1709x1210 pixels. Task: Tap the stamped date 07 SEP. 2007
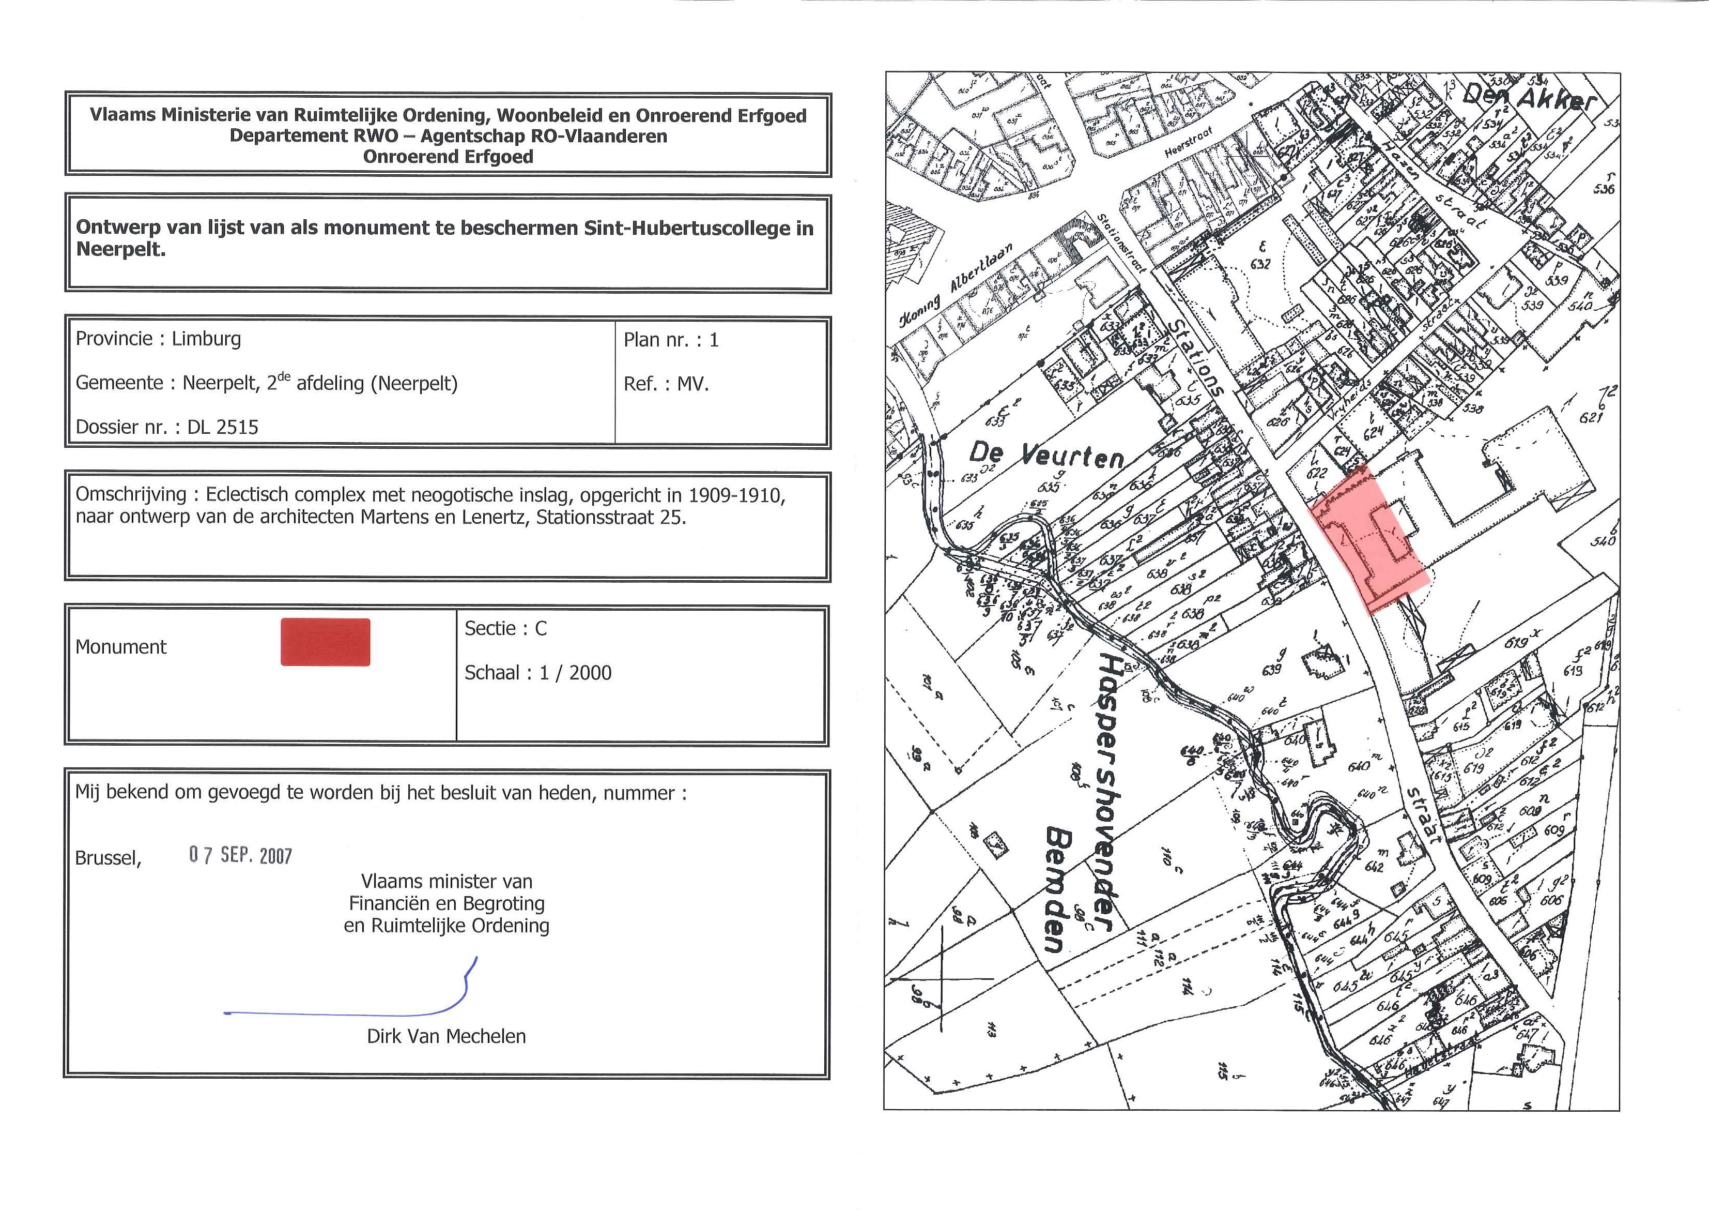click(240, 855)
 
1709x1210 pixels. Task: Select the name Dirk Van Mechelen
click(446, 1036)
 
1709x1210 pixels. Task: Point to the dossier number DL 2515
click(223, 428)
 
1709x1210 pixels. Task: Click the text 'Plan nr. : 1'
click(671, 340)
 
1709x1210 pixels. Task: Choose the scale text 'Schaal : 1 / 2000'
click(537, 673)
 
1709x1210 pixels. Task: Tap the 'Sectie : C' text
click(505, 629)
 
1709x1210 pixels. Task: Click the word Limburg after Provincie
click(206, 339)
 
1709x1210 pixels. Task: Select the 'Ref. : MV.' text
click(666, 384)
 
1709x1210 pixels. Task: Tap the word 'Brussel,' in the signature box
click(108, 858)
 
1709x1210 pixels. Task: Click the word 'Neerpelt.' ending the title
click(120, 250)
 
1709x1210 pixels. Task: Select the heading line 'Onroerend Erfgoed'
click(448, 157)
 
